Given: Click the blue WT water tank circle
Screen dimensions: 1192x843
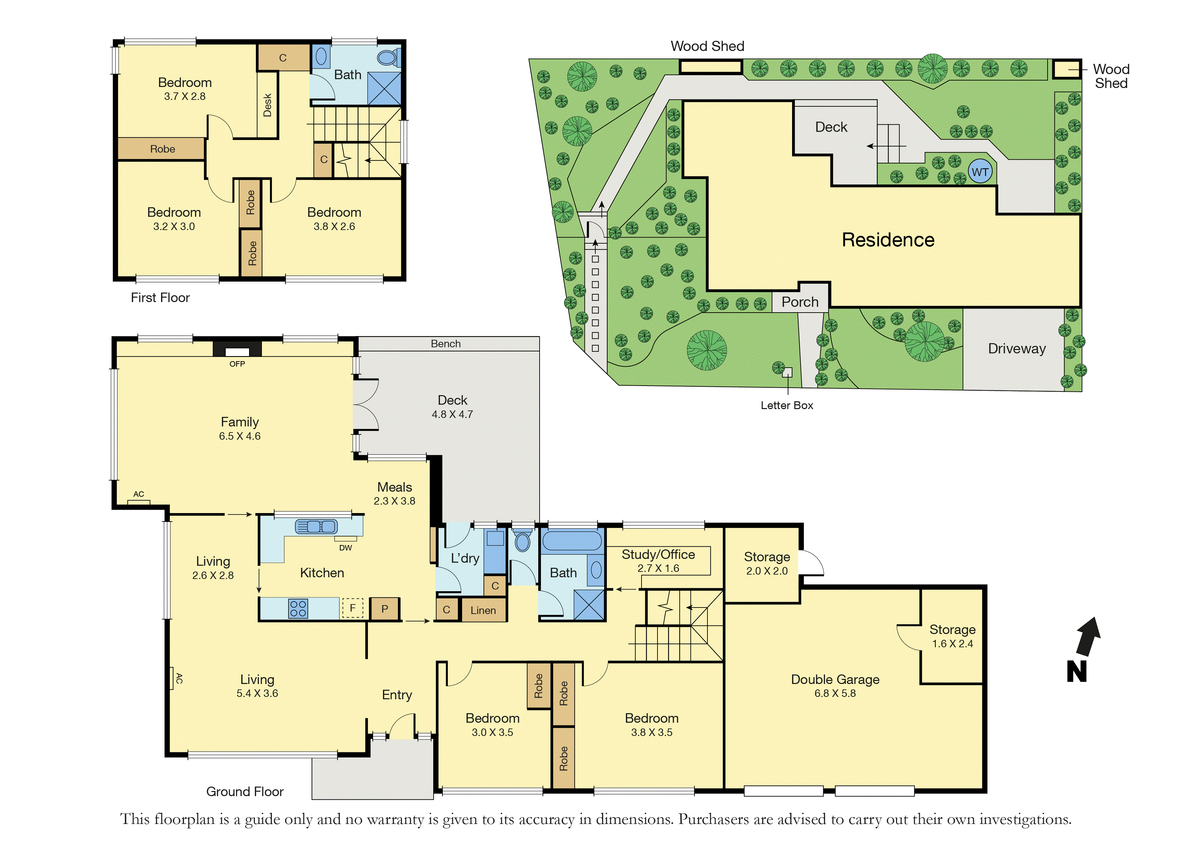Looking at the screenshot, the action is pyautogui.click(x=980, y=172).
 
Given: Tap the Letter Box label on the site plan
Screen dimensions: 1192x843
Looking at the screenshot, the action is pyautogui.click(x=787, y=405).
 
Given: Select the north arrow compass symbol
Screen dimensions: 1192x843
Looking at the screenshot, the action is pyautogui.click(x=1084, y=649).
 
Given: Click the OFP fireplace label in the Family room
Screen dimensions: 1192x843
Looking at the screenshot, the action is pyautogui.click(x=237, y=364).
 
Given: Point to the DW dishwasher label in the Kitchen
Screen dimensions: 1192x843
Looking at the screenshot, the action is pyautogui.click(x=345, y=548).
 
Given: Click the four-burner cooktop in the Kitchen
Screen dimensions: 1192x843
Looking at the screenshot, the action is pyautogui.click(x=298, y=608).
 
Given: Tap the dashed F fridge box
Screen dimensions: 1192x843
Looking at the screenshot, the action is pyautogui.click(x=352, y=608).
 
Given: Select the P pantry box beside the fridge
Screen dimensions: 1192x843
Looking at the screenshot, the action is pyautogui.click(x=385, y=609).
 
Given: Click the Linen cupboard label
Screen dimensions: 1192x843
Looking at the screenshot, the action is pyautogui.click(x=483, y=611).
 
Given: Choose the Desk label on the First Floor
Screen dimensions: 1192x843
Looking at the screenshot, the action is pyautogui.click(x=267, y=105).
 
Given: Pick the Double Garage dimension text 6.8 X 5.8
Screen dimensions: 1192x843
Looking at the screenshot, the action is pyautogui.click(x=835, y=693).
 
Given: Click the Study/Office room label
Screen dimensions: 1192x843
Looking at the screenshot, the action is pyautogui.click(x=658, y=555).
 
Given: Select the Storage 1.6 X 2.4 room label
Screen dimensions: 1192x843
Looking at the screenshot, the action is pyautogui.click(x=952, y=636).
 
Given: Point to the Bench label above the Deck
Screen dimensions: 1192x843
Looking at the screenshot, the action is pyautogui.click(x=445, y=344).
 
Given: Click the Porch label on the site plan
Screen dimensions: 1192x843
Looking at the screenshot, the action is pyautogui.click(x=800, y=302).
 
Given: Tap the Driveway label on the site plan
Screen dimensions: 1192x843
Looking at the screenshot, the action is pyautogui.click(x=1017, y=349).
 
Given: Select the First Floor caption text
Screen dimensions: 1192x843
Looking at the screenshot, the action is pyautogui.click(x=160, y=297).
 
